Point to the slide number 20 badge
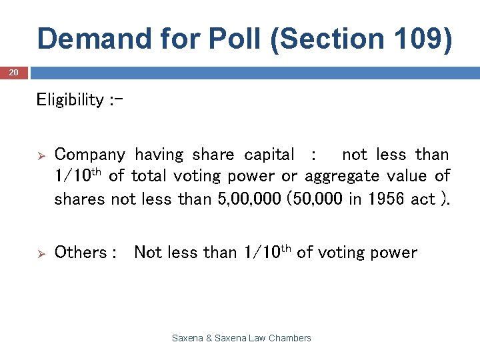14,72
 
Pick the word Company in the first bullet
89,155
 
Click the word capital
269,155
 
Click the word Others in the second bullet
81,253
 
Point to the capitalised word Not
147,253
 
